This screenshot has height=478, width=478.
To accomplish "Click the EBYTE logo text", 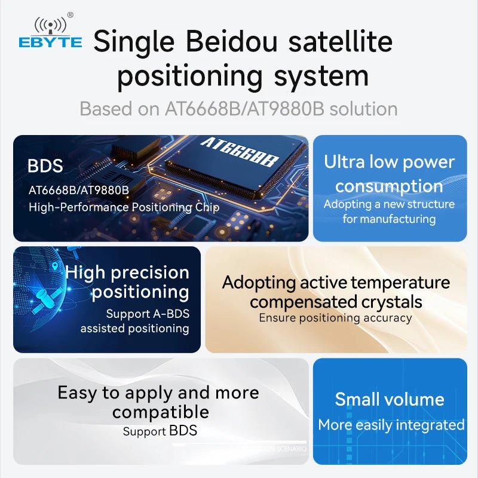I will pos(50,42).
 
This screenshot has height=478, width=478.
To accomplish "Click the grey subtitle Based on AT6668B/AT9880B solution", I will pos(238,109).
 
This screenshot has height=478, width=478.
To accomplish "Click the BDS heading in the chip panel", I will pos(45,166).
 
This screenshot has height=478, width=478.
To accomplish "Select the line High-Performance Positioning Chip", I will pos(124,207).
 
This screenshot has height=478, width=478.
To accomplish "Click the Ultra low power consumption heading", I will pos(389,173).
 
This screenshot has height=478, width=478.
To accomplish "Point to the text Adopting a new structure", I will pos(389,204).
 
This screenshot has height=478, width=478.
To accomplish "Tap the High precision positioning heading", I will pos(128,282).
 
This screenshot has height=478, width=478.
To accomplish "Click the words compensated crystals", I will pos(336,302).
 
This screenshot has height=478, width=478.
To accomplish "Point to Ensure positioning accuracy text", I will pos(335,318).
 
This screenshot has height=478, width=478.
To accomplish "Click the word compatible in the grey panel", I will pos(161,412).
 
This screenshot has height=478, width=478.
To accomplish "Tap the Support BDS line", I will pos(160,431).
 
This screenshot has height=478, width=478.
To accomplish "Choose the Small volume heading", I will pos(390,399).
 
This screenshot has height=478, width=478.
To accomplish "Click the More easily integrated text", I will pos(391,425).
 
